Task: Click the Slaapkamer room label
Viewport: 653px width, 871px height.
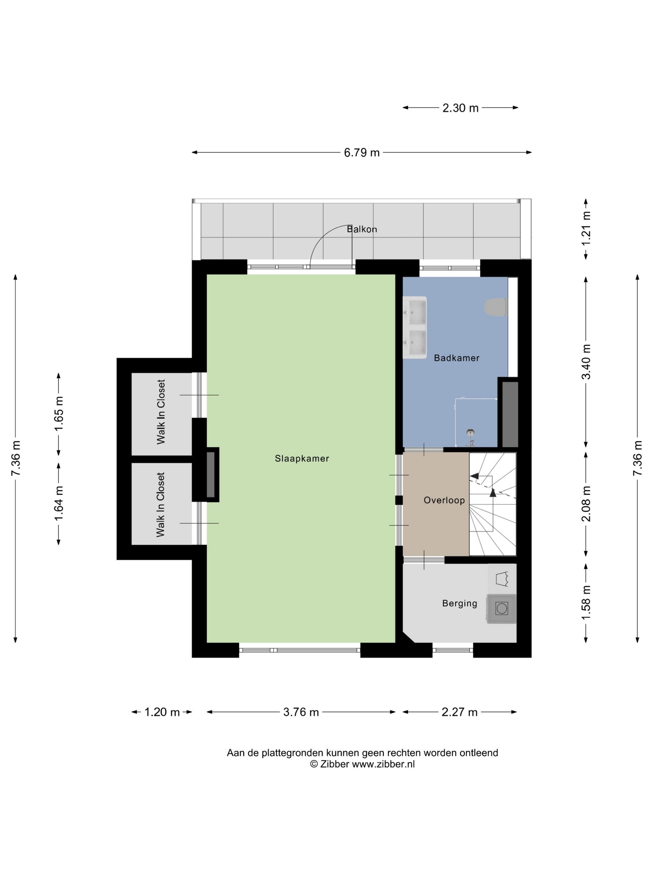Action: (302, 458)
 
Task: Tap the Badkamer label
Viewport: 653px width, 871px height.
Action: (456, 358)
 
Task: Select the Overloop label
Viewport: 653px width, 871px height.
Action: (444, 500)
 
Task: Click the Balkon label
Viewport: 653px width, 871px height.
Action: (362, 229)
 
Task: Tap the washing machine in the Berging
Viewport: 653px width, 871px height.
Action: (502, 609)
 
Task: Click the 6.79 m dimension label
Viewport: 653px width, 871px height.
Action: (362, 152)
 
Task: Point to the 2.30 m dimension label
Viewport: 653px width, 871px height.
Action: (460, 108)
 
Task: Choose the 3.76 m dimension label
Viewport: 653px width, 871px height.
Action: (301, 712)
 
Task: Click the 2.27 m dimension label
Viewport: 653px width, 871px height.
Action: (459, 712)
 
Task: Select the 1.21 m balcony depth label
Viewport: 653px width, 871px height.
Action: (586, 228)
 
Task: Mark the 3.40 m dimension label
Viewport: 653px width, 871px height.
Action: (586, 361)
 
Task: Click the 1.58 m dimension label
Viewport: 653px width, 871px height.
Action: (586, 603)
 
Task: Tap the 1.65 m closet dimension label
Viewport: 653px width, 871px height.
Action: (59, 413)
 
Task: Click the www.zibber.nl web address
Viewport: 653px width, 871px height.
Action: (383, 764)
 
